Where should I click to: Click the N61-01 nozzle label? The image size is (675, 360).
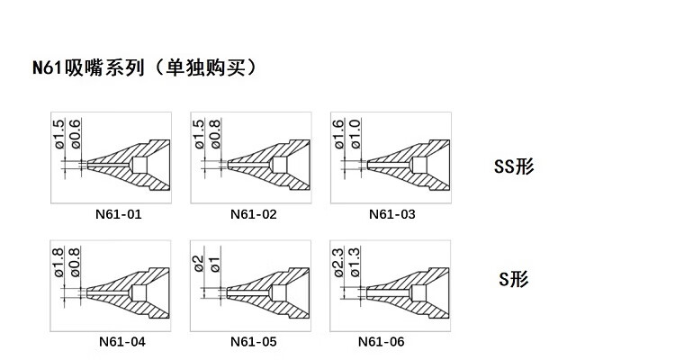(x=118, y=215)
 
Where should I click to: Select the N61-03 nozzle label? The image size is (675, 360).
(x=392, y=215)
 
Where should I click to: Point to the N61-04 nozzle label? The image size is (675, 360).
(x=121, y=341)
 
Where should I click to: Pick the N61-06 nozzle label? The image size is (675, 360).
(x=381, y=341)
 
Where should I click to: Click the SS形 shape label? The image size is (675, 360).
(x=515, y=166)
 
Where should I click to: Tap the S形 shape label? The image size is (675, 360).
(x=515, y=279)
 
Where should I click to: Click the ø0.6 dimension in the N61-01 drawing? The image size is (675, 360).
(x=75, y=133)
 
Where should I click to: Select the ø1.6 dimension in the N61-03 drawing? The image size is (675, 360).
(x=338, y=133)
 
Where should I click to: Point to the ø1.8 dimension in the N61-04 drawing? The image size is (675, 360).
(x=59, y=261)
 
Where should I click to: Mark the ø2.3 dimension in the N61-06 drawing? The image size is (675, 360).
(x=338, y=260)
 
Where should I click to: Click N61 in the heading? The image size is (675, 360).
(x=49, y=67)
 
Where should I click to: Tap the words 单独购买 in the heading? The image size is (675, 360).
(x=206, y=67)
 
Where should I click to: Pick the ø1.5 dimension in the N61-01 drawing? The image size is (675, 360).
(x=59, y=133)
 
